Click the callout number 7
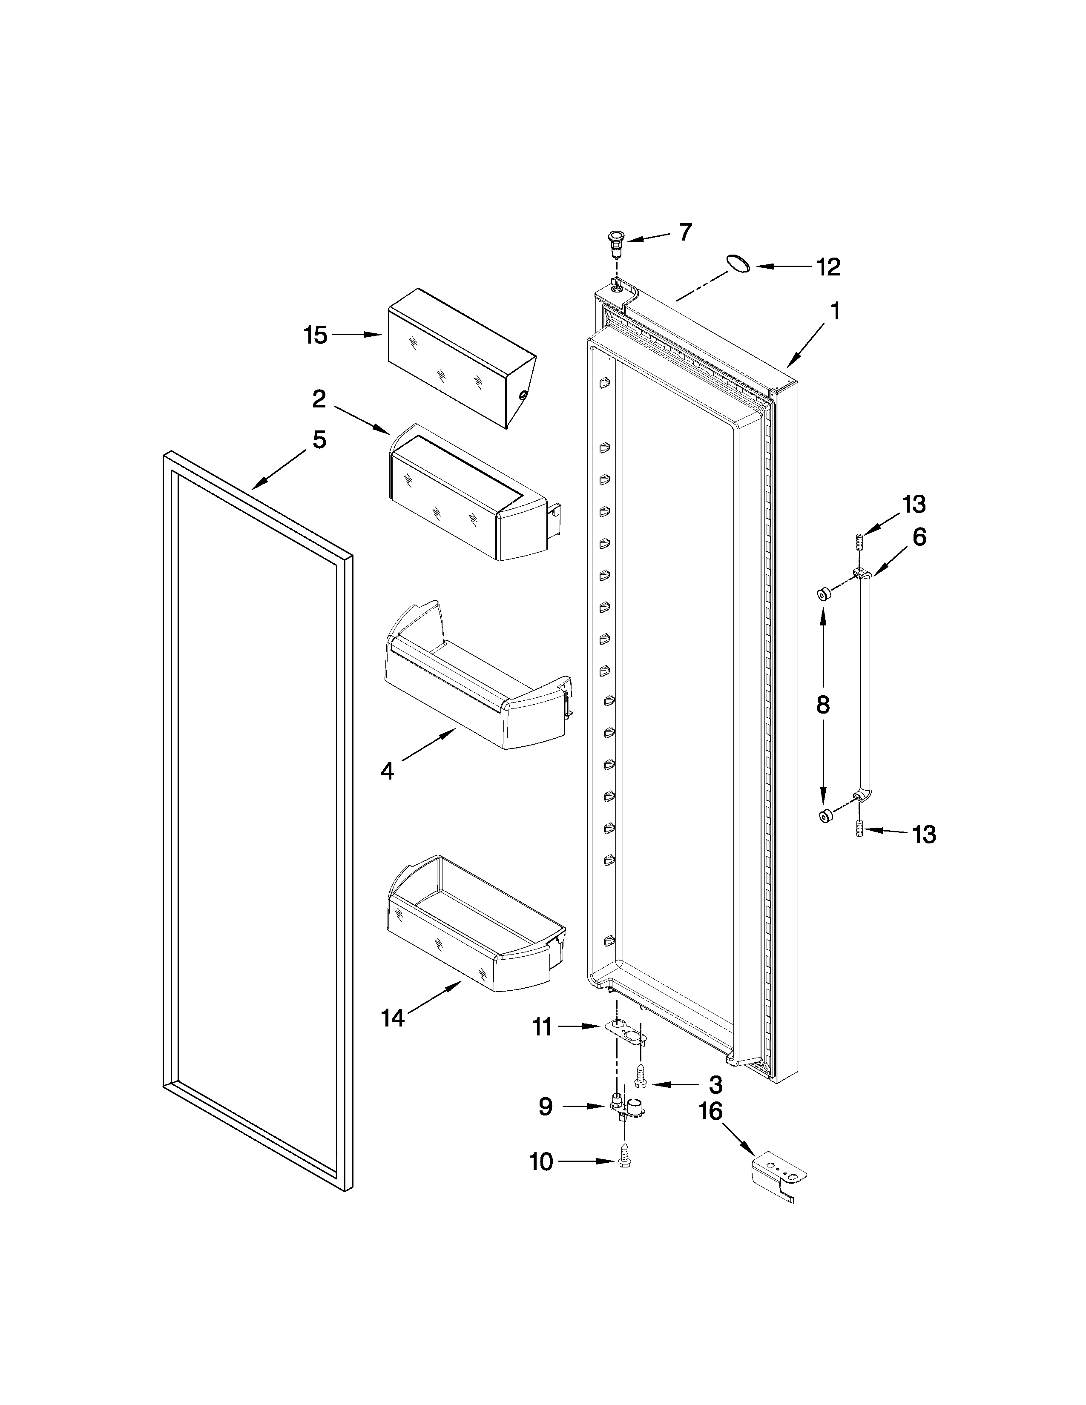685,232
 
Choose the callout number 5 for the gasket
319,440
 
